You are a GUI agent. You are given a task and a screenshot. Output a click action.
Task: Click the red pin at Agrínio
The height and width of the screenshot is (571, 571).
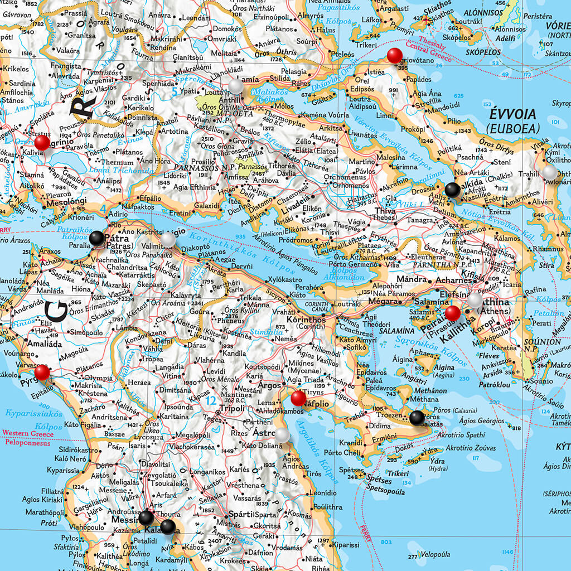click(x=42, y=142)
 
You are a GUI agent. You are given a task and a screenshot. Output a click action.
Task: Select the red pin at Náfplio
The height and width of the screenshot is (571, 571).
click(x=298, y=398)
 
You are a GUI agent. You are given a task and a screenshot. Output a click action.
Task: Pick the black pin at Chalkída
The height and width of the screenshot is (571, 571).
click(x=453, y=190)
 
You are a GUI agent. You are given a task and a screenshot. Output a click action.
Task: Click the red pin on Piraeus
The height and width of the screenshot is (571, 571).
click(x=453, y=313)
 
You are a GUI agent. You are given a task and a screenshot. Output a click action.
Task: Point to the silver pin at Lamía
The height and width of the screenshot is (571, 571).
click(x=236, y=85)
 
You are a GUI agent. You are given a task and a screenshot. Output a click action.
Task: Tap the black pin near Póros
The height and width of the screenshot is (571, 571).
click(x=417, y=418)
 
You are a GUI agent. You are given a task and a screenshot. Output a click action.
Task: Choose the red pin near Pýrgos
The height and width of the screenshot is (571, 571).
click(x=42, y=372)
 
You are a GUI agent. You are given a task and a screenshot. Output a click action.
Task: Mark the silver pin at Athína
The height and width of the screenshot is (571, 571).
click(x=475, y=301)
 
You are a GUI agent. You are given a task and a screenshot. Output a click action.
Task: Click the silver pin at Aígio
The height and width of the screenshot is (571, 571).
click(x=167, y=240)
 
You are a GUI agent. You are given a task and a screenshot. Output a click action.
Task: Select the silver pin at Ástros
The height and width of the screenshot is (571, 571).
click(x=282, y=435)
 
